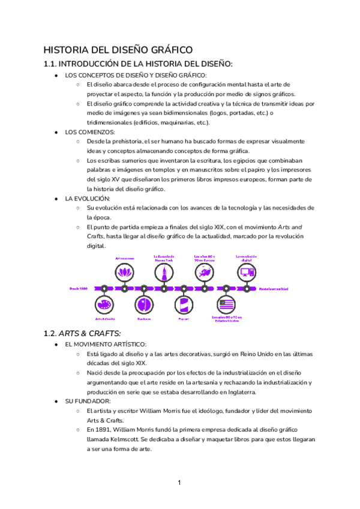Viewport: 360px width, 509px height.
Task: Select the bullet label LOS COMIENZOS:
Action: click(90, 131)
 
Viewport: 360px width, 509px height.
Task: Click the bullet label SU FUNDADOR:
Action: click(88, 401)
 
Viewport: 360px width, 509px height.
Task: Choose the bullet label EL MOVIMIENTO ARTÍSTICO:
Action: click(105, 345)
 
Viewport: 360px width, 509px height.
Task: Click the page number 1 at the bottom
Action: click(179, 483)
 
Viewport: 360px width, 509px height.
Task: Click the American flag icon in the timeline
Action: click(226, 304)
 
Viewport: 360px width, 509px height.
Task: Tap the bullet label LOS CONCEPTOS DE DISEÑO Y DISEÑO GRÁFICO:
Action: click(135, 75)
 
